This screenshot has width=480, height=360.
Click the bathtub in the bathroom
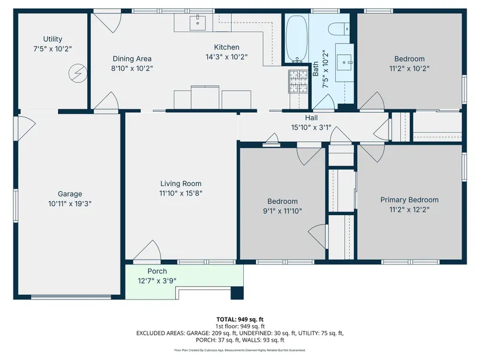[296, 38]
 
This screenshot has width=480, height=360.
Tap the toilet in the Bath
[339, 29]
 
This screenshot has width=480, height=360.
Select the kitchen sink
[197, 22]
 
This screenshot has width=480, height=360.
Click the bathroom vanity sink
[344, 62]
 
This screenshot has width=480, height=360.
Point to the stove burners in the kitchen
[298, 81]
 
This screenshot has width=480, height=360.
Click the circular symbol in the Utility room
[78, 73]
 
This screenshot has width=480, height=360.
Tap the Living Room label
[181, 184]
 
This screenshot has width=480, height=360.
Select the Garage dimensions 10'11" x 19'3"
[70, 204]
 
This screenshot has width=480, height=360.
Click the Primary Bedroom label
[409, 200]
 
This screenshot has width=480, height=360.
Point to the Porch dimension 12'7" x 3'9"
[157, 281]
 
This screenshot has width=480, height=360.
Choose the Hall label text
[311, 118]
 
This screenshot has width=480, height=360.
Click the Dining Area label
[132, 59]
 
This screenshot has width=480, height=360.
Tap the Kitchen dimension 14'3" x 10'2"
[226, 57]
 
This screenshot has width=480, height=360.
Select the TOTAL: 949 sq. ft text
[240, 320]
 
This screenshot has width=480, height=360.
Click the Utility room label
[52, 39]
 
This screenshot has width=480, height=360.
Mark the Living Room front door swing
[148, 251]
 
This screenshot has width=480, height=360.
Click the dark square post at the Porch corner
[237, 293]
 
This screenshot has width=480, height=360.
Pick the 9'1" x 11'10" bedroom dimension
[282, 211]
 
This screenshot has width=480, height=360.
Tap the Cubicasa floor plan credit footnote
[240, 350]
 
